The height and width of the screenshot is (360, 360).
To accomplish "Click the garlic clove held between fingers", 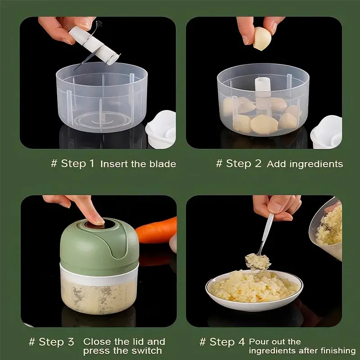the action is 262,39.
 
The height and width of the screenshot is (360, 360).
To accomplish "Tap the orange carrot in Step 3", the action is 156,230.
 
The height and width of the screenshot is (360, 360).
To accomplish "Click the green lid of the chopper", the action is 99,244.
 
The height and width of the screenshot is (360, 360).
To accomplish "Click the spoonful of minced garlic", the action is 257,261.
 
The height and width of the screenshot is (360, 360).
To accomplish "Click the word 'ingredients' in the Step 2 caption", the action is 316,164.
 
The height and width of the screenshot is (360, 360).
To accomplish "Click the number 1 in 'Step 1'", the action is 91,163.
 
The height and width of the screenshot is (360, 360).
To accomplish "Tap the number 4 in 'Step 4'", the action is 241,342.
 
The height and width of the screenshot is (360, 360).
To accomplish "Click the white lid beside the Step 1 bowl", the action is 161,129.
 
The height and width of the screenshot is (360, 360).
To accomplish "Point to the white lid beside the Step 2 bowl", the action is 327,132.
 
